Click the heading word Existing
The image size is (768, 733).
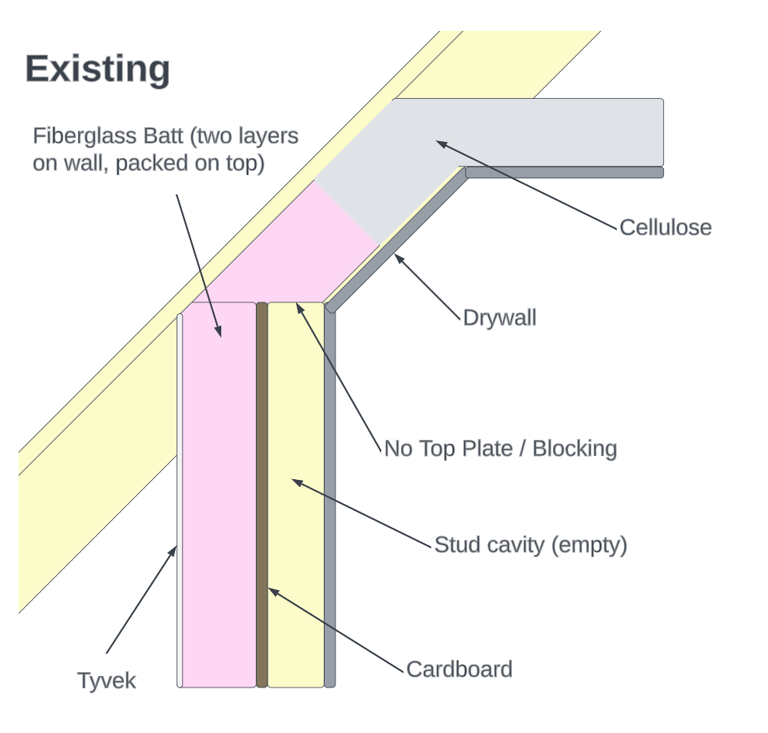pos(97,69)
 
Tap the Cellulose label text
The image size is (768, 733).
pos(665,228)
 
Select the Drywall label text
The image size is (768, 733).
pos(499,318)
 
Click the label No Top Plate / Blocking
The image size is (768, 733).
pos(500,448)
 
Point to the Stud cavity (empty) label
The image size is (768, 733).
pos(531,545)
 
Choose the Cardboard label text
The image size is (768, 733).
pos(459,669)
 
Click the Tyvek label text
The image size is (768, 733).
pos(106,681)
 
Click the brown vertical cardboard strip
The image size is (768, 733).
pos(262,494)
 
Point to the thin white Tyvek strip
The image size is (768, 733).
pos(180,494)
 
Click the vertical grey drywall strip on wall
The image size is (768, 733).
pos(330,494)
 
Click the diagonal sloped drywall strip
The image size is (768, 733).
pos(397,239)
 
